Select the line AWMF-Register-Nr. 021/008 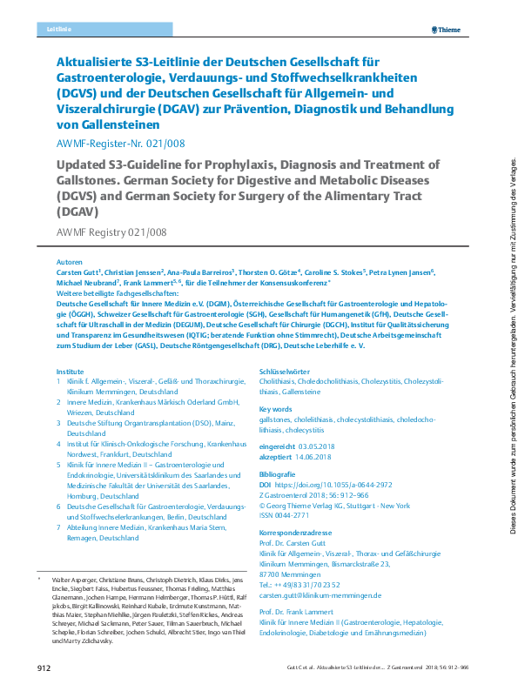pyautogui.click(x=120, y=144)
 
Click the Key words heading pyautogui.click(x=276, y=408)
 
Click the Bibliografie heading pyautogui.click(x=279, y=473)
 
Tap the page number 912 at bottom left pyautogui.click(x=44, y=668)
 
